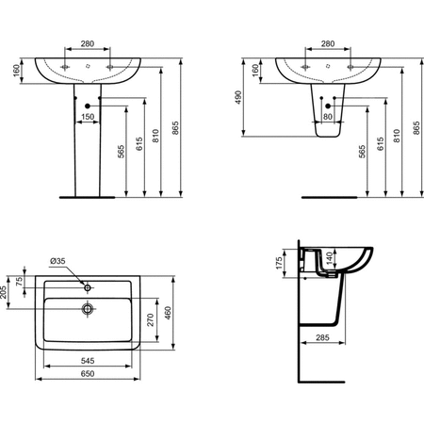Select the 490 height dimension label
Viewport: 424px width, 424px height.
click(x=239, y=97)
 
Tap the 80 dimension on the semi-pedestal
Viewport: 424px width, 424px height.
click(x=328, y=117)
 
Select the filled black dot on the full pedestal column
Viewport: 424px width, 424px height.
click(x=87, y=106)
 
